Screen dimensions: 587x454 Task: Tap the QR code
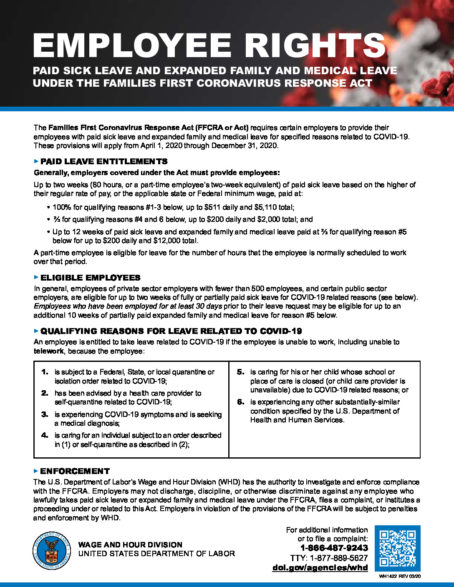pos(397,548)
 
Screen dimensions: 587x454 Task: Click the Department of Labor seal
pos(52,550)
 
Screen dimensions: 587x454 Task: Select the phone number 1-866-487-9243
pos(334,548)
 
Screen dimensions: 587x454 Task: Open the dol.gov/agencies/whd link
pos(320,567)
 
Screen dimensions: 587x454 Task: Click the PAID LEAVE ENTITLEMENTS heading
pos(104,161)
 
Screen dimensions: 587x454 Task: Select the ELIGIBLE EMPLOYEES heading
pos(91,278)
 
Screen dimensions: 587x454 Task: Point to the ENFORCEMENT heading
pos(75,471)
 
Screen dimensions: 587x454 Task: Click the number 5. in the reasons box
pos(240,372)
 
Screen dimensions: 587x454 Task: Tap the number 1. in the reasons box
pos(45,372)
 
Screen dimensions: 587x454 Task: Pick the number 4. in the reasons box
pos(45,435)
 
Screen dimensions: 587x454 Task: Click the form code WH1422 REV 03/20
pos(400,576)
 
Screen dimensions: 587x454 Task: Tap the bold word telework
pos(49,351)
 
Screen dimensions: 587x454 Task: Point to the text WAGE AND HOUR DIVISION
pos(130,544)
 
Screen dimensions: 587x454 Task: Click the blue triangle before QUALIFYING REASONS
pos(36,331)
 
